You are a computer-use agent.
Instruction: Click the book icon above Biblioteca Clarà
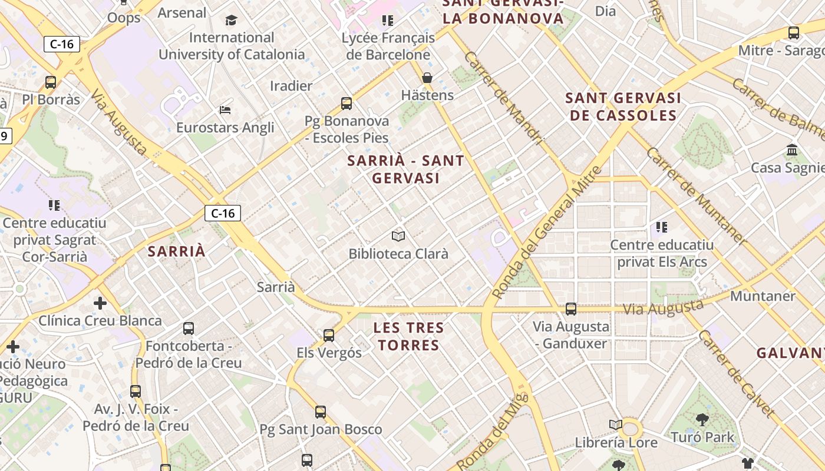click(x=398, y=236)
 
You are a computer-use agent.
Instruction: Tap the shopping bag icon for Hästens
click(x=427, y=78)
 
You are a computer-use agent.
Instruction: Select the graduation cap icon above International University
click(x=231, y=21)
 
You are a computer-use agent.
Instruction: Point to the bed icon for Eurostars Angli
click(x=225, y=110)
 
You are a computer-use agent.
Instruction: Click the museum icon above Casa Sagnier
click(x=792, y=150)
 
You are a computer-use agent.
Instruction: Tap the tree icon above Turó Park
click(x=702, y=420)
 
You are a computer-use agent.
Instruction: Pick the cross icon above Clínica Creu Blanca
click(x=100, y=303)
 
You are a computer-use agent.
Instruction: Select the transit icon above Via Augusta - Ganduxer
click(x=570, y=309)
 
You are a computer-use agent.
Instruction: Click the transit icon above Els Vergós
click(x=329, y=336)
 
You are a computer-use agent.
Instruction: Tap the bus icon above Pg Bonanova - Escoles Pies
click(x=346, y=104)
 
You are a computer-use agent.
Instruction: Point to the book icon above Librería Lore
click(x=616, y=424)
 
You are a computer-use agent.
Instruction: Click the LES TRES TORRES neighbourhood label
click(x=409, y=336)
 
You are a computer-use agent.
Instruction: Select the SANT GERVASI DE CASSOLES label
click(x=623, y=107)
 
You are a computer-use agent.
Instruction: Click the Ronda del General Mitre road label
click(x=547, y=232)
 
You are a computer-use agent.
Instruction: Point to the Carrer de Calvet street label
click(x=735, y=373)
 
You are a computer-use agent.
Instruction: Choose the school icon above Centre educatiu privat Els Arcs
click(x=661, y=227)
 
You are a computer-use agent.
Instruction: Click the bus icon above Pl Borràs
click(x=51, y=82)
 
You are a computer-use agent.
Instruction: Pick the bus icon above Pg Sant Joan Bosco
click(x=321, y=412)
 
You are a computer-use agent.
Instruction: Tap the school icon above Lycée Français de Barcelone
click(x=387, y=21)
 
